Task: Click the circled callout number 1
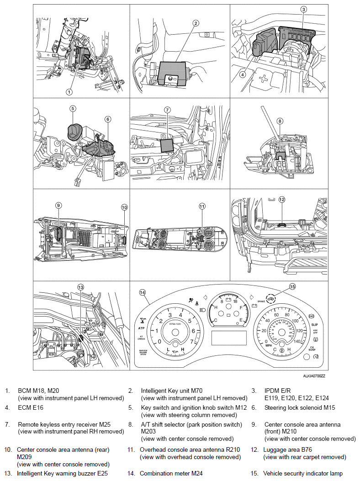pos(69,91)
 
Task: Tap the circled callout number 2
pos(196,23)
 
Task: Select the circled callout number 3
pos(304,9)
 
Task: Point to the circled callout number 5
pos(73,109)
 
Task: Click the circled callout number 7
pos(167,110)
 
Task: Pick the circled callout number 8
pos(280,121)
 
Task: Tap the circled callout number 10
pos(124,207)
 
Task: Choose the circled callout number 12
pos(281,199)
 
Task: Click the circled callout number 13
pos(81,287)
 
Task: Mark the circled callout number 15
pos(292,287)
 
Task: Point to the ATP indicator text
pos(141,328)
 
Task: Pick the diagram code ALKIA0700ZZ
pos(314,376)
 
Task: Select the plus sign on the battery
pos(264,78)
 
